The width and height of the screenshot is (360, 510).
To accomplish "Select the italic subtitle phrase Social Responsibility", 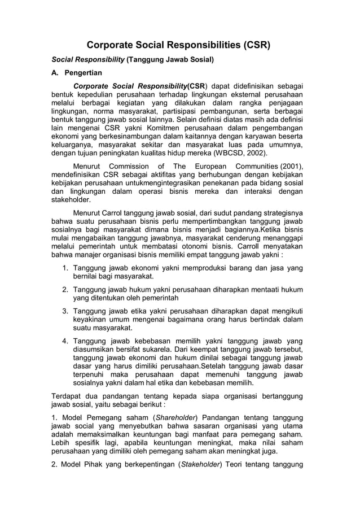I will (x=87, y=59).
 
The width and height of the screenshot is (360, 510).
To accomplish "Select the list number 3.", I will (x=65, y=311).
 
